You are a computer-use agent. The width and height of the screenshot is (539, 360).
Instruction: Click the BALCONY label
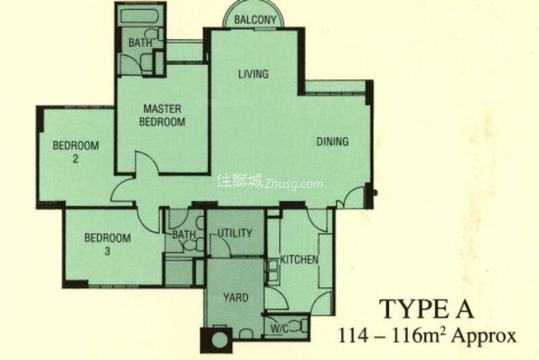pyautogui.click(x=255, y=20)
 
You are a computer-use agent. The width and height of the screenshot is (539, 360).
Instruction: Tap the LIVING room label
pyautogui.click(x=253, y=74)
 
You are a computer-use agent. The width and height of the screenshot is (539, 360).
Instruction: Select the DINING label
pyautogui.click(x=333, y=142)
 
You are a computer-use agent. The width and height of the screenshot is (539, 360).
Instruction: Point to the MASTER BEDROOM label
pyautogui.click(x=162, y=115)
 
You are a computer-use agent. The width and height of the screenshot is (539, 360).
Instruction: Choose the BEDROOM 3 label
pyautogui.click(x=107, y=244)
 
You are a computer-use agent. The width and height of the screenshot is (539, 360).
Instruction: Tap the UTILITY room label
pyautogui.click(x=234, y=233)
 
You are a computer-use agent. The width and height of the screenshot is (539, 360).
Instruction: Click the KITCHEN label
pyautogui.click(x=299, y=260)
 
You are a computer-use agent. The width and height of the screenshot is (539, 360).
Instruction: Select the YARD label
pyautogui.click(x=235, y=297)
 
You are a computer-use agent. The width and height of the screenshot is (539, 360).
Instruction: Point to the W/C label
pyautogui.click(x=280, y=330)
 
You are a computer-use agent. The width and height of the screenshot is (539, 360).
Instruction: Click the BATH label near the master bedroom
pyautogui.click(x=141, y=43)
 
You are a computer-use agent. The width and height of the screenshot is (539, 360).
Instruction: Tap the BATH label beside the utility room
pyautogui.click(x=183, y=235)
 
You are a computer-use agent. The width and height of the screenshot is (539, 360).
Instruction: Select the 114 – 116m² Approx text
pyautogui.click(x=429, y=335)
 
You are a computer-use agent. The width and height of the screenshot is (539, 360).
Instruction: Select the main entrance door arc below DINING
pyautogui.click(x=352, y=196)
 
